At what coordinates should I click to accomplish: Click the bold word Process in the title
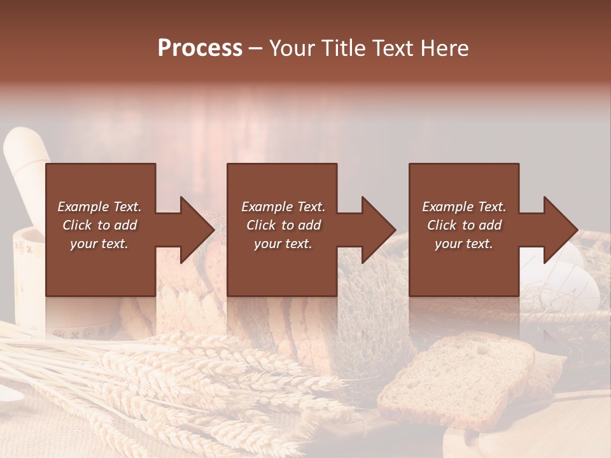click(200, 48)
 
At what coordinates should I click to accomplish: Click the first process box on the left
click(101, 267)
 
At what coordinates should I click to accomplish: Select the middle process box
click(282, 267)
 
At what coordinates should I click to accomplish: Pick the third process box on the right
click(463, 267)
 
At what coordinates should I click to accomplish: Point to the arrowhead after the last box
click(559, 230)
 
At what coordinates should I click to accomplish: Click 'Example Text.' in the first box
click(99, 207)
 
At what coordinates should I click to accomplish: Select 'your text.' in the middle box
click(283, 244)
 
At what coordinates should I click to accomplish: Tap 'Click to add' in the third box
click(464, 225)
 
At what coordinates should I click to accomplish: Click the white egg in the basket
click(576, 286)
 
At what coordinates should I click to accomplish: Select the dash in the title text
click(255, 48)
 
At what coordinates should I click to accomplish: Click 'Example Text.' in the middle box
click(283, 207)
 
